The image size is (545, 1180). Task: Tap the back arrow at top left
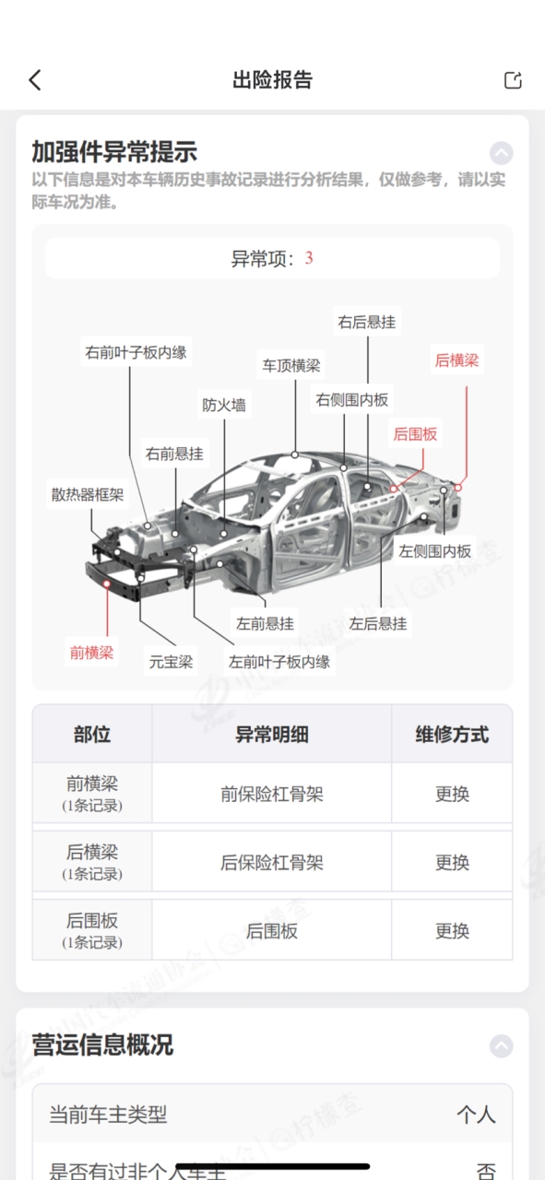(35, 80)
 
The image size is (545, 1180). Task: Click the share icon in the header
(513, 80)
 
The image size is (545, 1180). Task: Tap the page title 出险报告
(273, 80)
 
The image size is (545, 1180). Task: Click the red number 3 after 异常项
(309, 258)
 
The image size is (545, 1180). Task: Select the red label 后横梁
(457, 360)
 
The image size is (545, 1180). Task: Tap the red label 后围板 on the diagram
(415, 434)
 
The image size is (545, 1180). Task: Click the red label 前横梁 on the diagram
(91, 653)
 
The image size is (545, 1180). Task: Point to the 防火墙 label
(224, 405)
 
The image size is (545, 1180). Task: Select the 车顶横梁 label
(291, 365)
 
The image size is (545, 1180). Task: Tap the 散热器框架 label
(88, 494)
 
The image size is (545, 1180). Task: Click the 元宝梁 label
(171, 662)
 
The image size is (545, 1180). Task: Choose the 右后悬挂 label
(367, 322)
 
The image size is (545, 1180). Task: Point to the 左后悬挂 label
(378, 623)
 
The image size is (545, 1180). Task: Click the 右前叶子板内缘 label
(136, 352)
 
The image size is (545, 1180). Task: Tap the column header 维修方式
(452, 735)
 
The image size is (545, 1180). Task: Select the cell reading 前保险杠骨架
(272, 794)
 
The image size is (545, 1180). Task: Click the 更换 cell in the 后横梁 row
(452, 862)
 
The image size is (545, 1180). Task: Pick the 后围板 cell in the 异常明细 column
(272, 931)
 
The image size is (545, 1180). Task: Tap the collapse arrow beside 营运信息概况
(502, 1045)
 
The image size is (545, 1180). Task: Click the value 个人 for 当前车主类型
(476, 1115)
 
